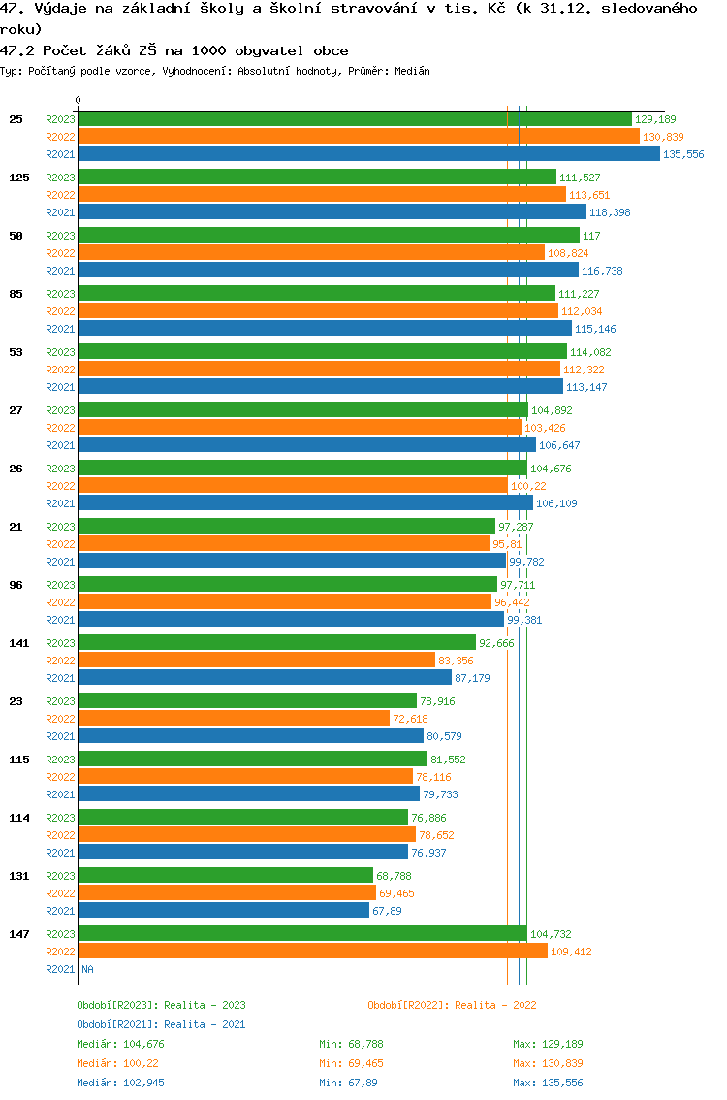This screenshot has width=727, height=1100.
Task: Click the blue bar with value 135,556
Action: click(368, 154)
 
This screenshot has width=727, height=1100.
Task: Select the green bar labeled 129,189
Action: click(355, 119)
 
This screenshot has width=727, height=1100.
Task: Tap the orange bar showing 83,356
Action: click(257, 661)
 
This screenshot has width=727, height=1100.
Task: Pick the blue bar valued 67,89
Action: click(224, 911)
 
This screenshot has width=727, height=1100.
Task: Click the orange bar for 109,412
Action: click(313, 952)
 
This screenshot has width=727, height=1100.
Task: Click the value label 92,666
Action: click(496, 643)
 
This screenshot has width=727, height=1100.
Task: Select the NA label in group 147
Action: click(87, 969)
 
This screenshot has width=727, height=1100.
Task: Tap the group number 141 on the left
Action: click(18, 643)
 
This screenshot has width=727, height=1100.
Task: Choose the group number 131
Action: click(18, 876)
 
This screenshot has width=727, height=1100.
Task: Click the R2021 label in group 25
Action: click(60, 154)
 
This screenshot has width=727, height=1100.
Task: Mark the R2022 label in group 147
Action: click(60, 952)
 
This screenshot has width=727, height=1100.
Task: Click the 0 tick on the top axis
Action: click(79, 100)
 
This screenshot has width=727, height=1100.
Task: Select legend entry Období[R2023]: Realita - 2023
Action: click(161, 1006)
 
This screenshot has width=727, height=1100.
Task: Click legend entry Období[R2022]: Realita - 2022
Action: click(452, 1006)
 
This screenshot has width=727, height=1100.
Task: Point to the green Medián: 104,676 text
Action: click(120, 1044)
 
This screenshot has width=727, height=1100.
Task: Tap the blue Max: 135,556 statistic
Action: click(548, 1083)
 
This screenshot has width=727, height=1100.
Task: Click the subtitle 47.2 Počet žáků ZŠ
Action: click(174, 50)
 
